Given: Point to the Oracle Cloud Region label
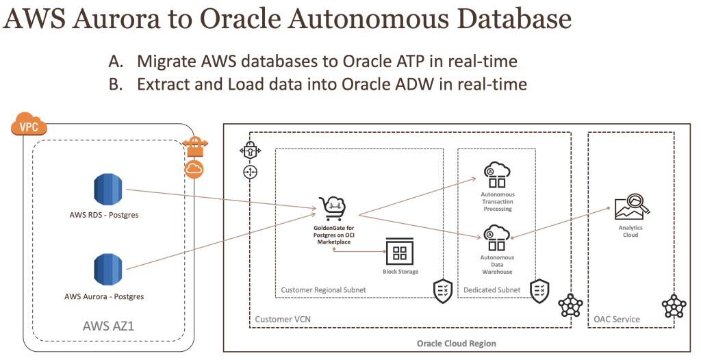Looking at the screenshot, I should pos(457,343).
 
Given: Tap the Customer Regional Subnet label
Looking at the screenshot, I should pos(323,290).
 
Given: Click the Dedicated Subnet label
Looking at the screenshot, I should pos(492,290).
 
